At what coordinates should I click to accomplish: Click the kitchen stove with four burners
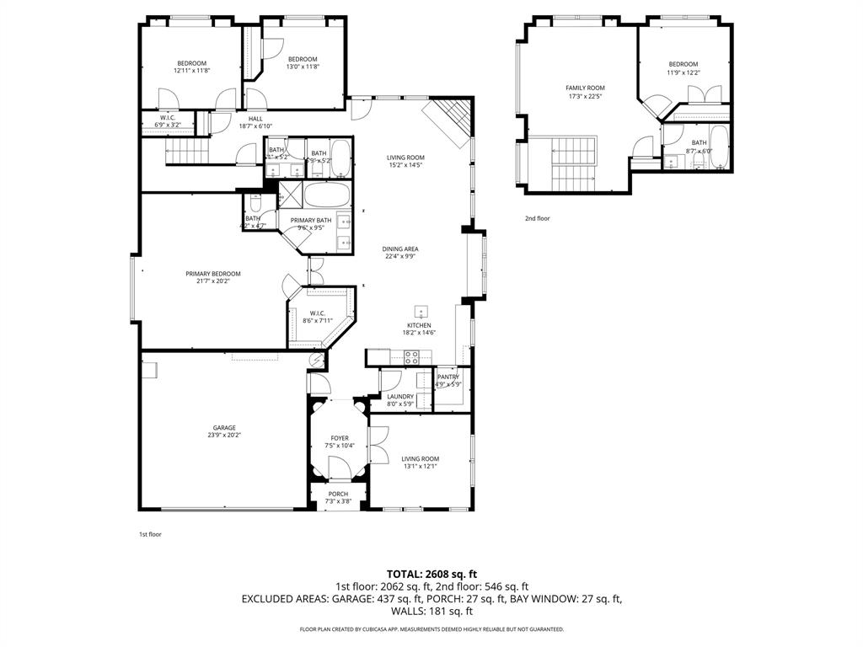tap(411, 356)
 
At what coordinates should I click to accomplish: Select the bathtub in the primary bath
tap(324, 196)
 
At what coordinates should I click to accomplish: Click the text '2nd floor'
tap(537, 218)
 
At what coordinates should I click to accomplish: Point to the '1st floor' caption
tap(150, 534)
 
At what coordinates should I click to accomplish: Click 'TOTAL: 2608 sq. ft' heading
tap(431, 574)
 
